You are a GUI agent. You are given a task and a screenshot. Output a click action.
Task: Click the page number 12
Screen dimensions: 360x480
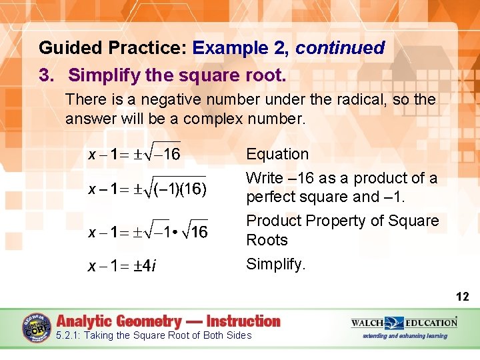[x=463, y=297]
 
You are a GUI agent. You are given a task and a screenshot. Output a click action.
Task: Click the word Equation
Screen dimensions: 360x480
[x=277, y=154]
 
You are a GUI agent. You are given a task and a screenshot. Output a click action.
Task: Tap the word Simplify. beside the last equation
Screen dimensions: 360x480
[x=276, y=264]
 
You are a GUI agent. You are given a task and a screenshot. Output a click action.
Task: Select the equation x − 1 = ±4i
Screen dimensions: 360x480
[x=123, y=267]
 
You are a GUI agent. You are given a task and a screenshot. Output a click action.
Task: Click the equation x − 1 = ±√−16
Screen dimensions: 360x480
[x=134, y=154]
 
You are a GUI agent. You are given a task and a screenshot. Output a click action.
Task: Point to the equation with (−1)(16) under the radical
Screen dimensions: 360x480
[x=147, y=189]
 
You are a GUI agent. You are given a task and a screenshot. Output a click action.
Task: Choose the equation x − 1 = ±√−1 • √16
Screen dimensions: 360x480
[x=148, y=232]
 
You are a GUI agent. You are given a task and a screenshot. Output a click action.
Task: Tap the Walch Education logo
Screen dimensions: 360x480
[x=404, y=323]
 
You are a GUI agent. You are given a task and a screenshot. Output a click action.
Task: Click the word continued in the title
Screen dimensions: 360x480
[x=340, y=48]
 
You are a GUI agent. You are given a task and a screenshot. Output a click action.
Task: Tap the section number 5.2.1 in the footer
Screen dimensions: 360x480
[x=69, y=335]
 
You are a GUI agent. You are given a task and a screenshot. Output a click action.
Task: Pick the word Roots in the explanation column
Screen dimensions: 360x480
[x=267, y=240]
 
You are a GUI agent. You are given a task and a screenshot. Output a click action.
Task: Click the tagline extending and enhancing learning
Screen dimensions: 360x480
[x=405, y=335]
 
